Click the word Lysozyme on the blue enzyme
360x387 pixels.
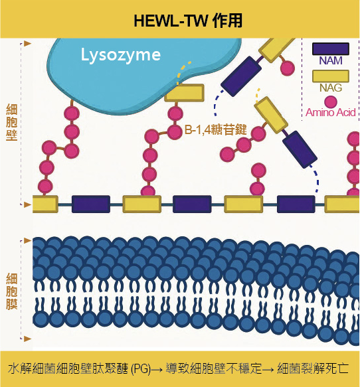point(121,55)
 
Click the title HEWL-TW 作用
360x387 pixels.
point(188,21)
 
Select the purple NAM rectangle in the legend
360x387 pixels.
point(331,49)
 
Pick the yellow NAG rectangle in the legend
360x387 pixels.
point(331,76)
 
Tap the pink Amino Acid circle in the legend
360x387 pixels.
point(331,102)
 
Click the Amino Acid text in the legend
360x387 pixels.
point(331,113)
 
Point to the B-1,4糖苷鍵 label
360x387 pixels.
point(216,129)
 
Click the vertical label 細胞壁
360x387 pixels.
point(11,122)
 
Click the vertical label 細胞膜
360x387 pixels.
point(11,291)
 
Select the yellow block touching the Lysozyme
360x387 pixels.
point(185,93)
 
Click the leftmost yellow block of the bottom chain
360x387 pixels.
point(45,204)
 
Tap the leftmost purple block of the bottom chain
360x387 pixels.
point(91,204)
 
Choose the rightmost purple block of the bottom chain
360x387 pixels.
point(296,204)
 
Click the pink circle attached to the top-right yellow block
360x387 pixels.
point(288,68)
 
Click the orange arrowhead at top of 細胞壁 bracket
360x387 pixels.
point(27,44)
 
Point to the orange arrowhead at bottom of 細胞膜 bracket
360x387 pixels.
point(27,339)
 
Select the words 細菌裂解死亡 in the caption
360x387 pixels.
point(313,368)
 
